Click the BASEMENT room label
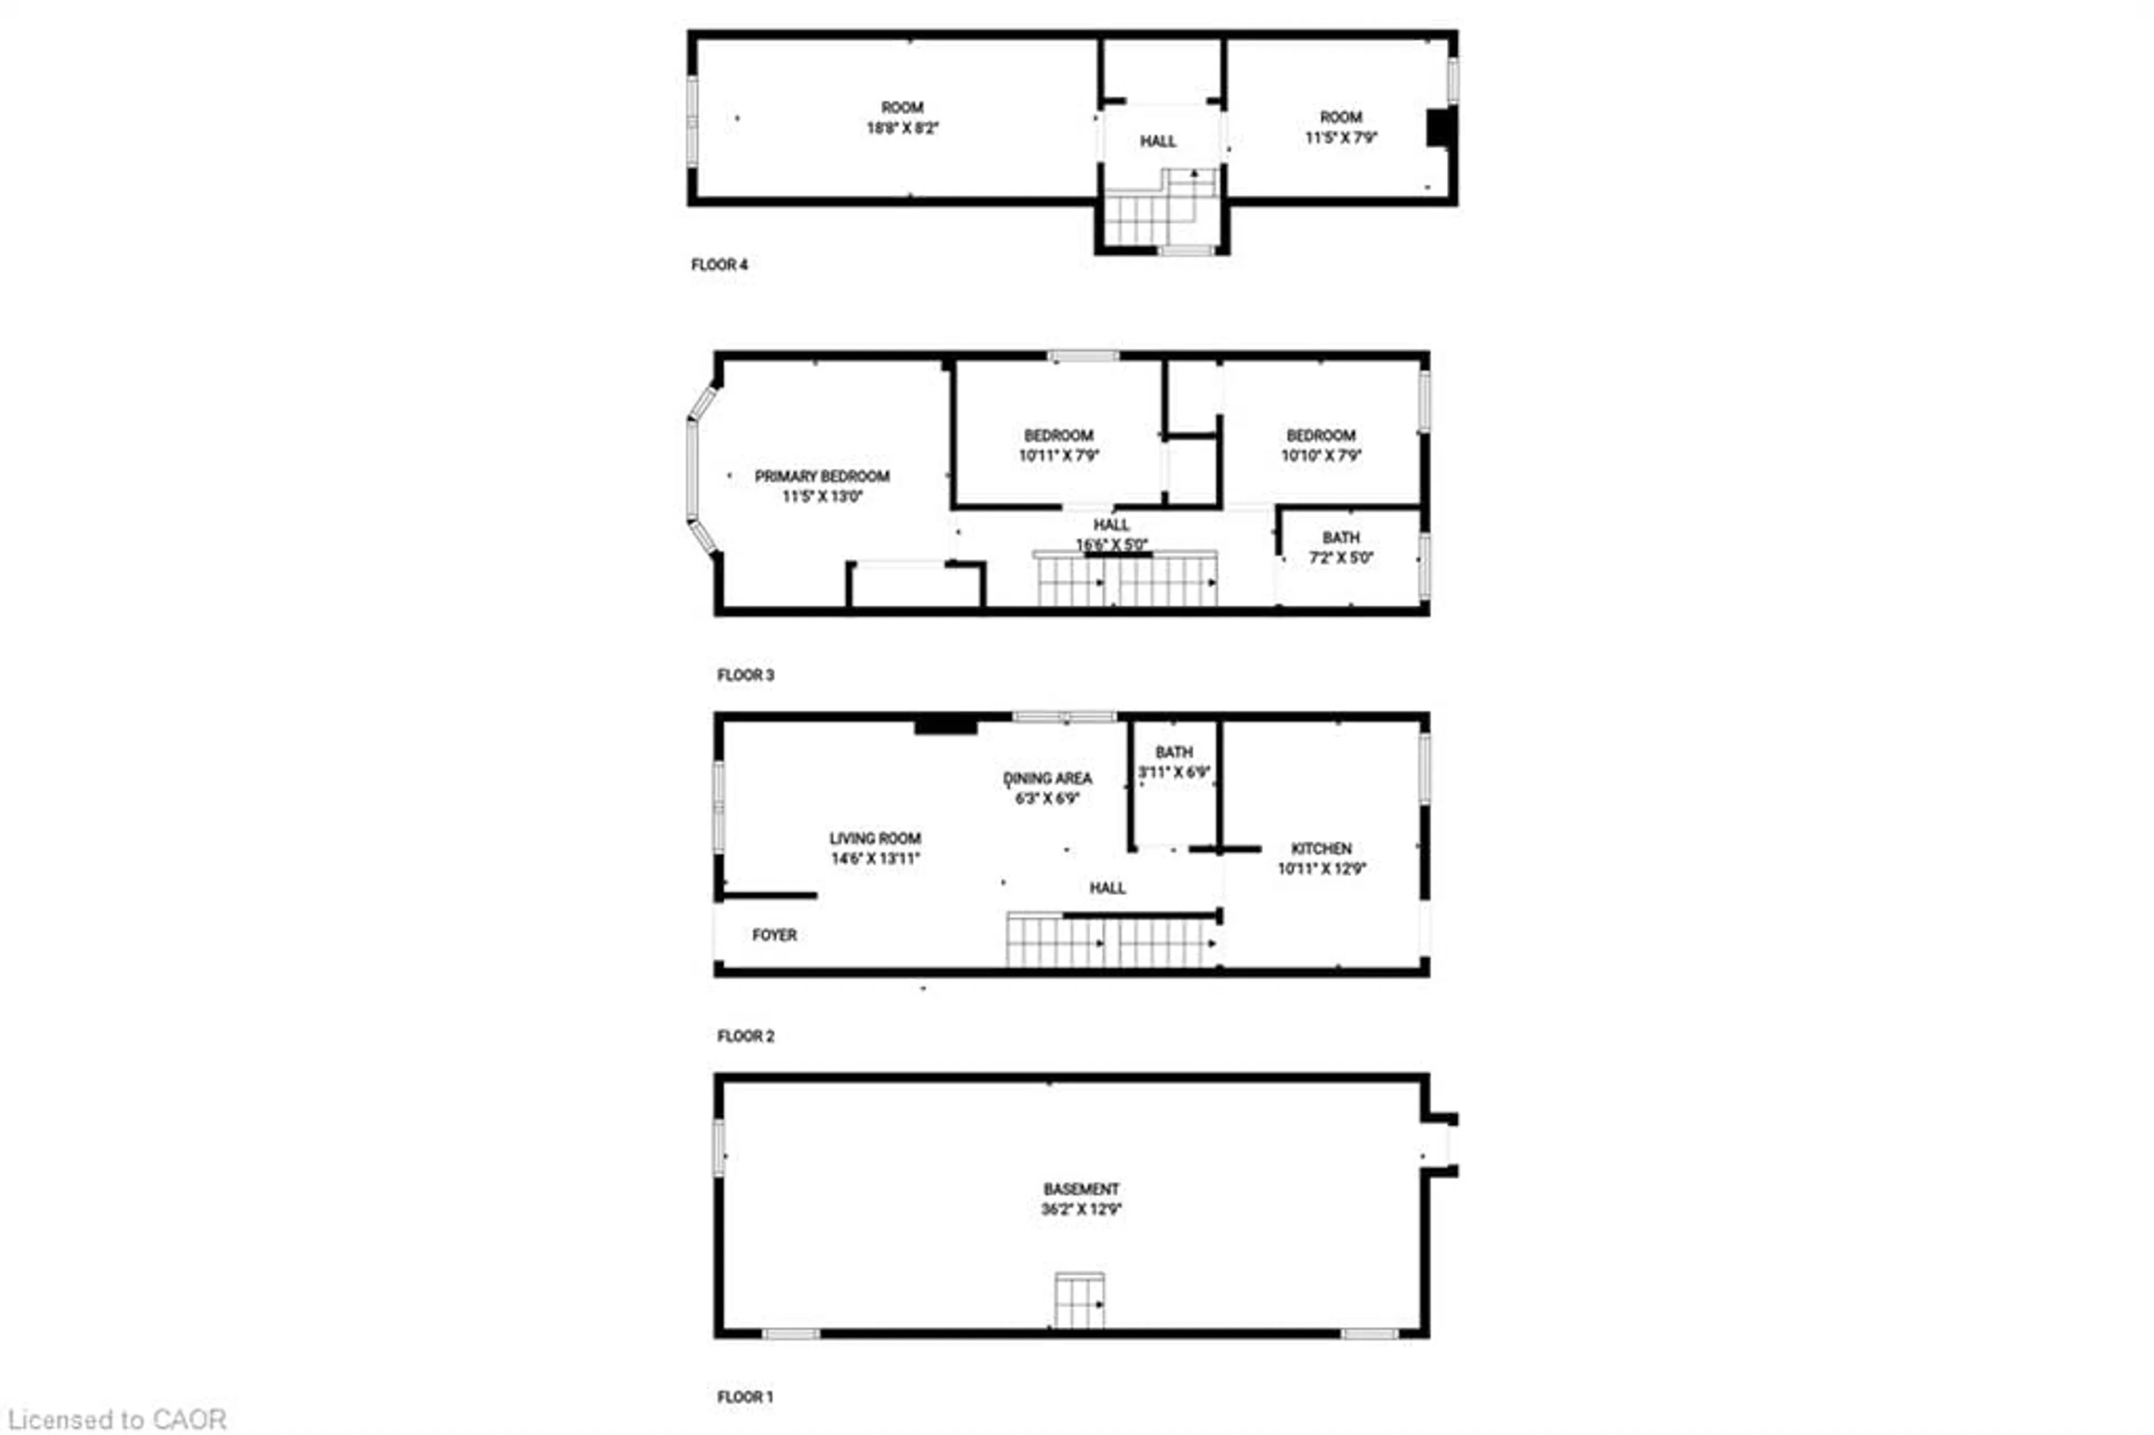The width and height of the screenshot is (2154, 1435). click(x=1081, y=1189)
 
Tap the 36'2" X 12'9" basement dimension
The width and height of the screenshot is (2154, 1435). click(x=1081, y=1209)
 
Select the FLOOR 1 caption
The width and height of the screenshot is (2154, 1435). click(x=745, y=1396)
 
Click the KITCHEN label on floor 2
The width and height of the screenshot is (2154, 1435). click(x=1320, y=848)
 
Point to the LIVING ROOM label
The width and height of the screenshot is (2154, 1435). click(x=875, y=838)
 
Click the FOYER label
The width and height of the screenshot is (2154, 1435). click(x=774, y=935)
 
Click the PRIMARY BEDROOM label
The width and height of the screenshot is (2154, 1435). click(x=822, y=476)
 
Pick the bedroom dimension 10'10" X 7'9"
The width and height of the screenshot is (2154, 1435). click(x=1320, y=456)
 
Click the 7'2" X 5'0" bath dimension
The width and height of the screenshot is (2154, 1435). click(x=1341, y=558)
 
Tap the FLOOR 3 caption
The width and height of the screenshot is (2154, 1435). click(x=745, y=674)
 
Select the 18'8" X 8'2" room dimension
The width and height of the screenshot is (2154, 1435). click(x=902, y=128)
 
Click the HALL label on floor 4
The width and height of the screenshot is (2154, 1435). click(x=1158, y=141)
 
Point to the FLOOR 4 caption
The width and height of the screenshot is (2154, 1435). click(x=719, y=264)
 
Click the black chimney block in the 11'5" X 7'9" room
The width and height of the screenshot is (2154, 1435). click(x=1438, y=127)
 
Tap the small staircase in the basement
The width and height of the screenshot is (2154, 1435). click(x=1079, y=1300)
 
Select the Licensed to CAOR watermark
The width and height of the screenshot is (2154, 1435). click(x=117, y=1419)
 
